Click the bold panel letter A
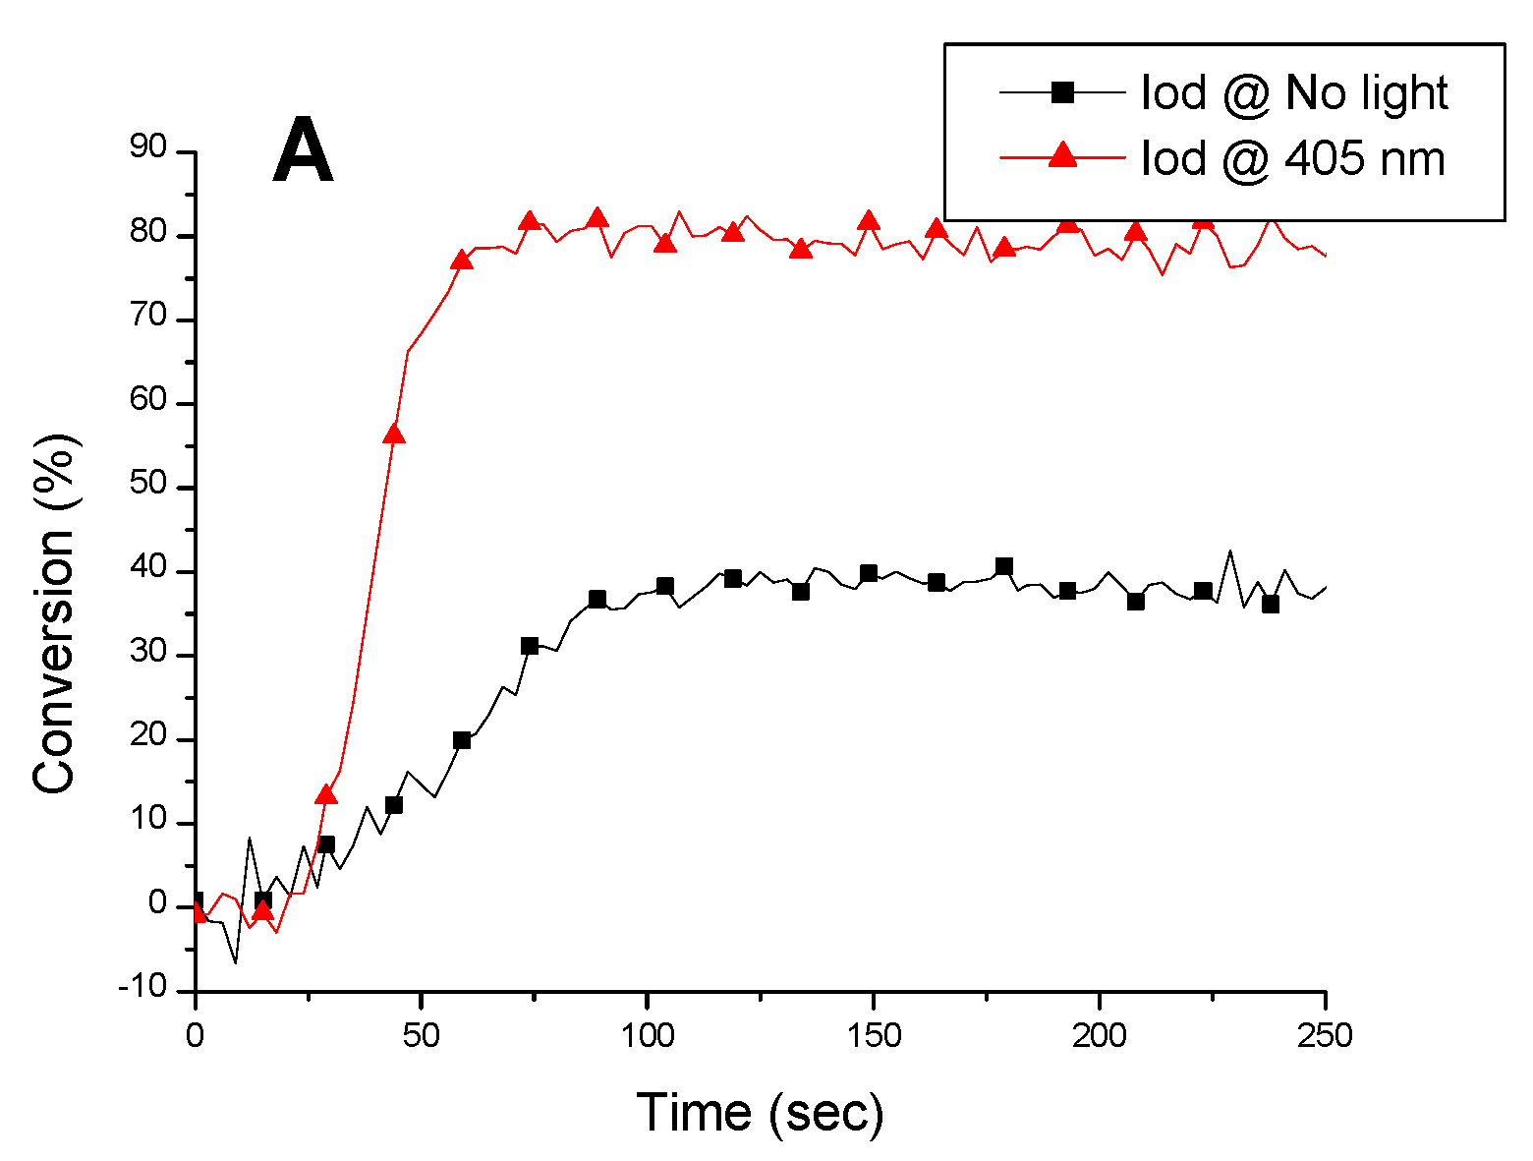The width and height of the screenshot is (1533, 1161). (x=303, y=150)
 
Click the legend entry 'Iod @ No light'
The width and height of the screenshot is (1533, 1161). (x=1293, y=92)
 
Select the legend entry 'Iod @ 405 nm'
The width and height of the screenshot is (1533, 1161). (x=1292, y=157)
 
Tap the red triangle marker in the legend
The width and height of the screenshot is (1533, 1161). (x=1062, y=155)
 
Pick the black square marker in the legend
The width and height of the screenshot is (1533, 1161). (x=1062, y=92)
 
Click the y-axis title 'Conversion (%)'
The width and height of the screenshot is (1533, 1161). (x=55, y=613)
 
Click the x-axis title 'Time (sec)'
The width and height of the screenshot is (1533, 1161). (x=760, y=1112)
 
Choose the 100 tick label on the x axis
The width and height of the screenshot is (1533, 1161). (x=647, y=1035)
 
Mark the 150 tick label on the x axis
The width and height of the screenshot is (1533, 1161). (x=872, y=1035)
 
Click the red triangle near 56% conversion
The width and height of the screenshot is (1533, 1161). (x=394, y=435)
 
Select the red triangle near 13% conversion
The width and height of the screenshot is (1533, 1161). (x=326, y=795)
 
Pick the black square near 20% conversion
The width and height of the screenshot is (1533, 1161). (x=462, y=740)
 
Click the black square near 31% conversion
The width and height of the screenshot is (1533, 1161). (x=530, y=646)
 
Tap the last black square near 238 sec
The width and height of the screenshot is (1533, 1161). (x=1271, y=605)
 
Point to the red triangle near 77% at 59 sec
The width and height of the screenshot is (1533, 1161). (x=462, y=261)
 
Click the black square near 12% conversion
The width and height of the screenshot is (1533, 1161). (x=394, y=805)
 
